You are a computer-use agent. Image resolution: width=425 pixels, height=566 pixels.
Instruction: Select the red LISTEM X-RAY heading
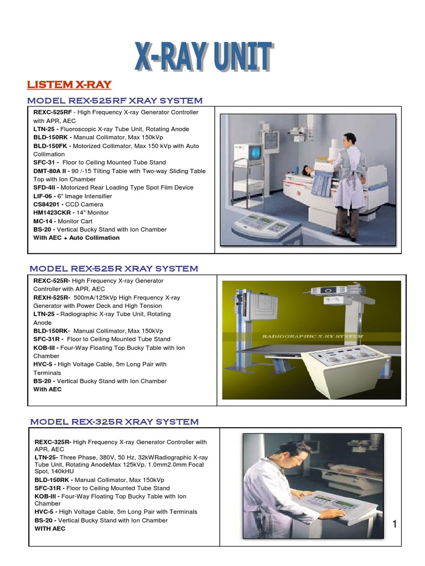[69, 85]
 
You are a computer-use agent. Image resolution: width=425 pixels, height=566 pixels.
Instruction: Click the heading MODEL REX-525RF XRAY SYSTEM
[115, 101]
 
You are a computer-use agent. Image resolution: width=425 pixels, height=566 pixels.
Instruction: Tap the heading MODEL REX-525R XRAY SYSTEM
[113, 269]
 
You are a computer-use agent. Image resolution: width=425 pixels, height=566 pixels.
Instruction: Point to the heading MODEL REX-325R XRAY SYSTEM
[114, 422]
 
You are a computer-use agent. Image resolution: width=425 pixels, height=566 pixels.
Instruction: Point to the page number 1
[395, 524]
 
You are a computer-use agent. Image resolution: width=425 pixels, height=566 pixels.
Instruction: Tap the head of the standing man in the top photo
[349, 138]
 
